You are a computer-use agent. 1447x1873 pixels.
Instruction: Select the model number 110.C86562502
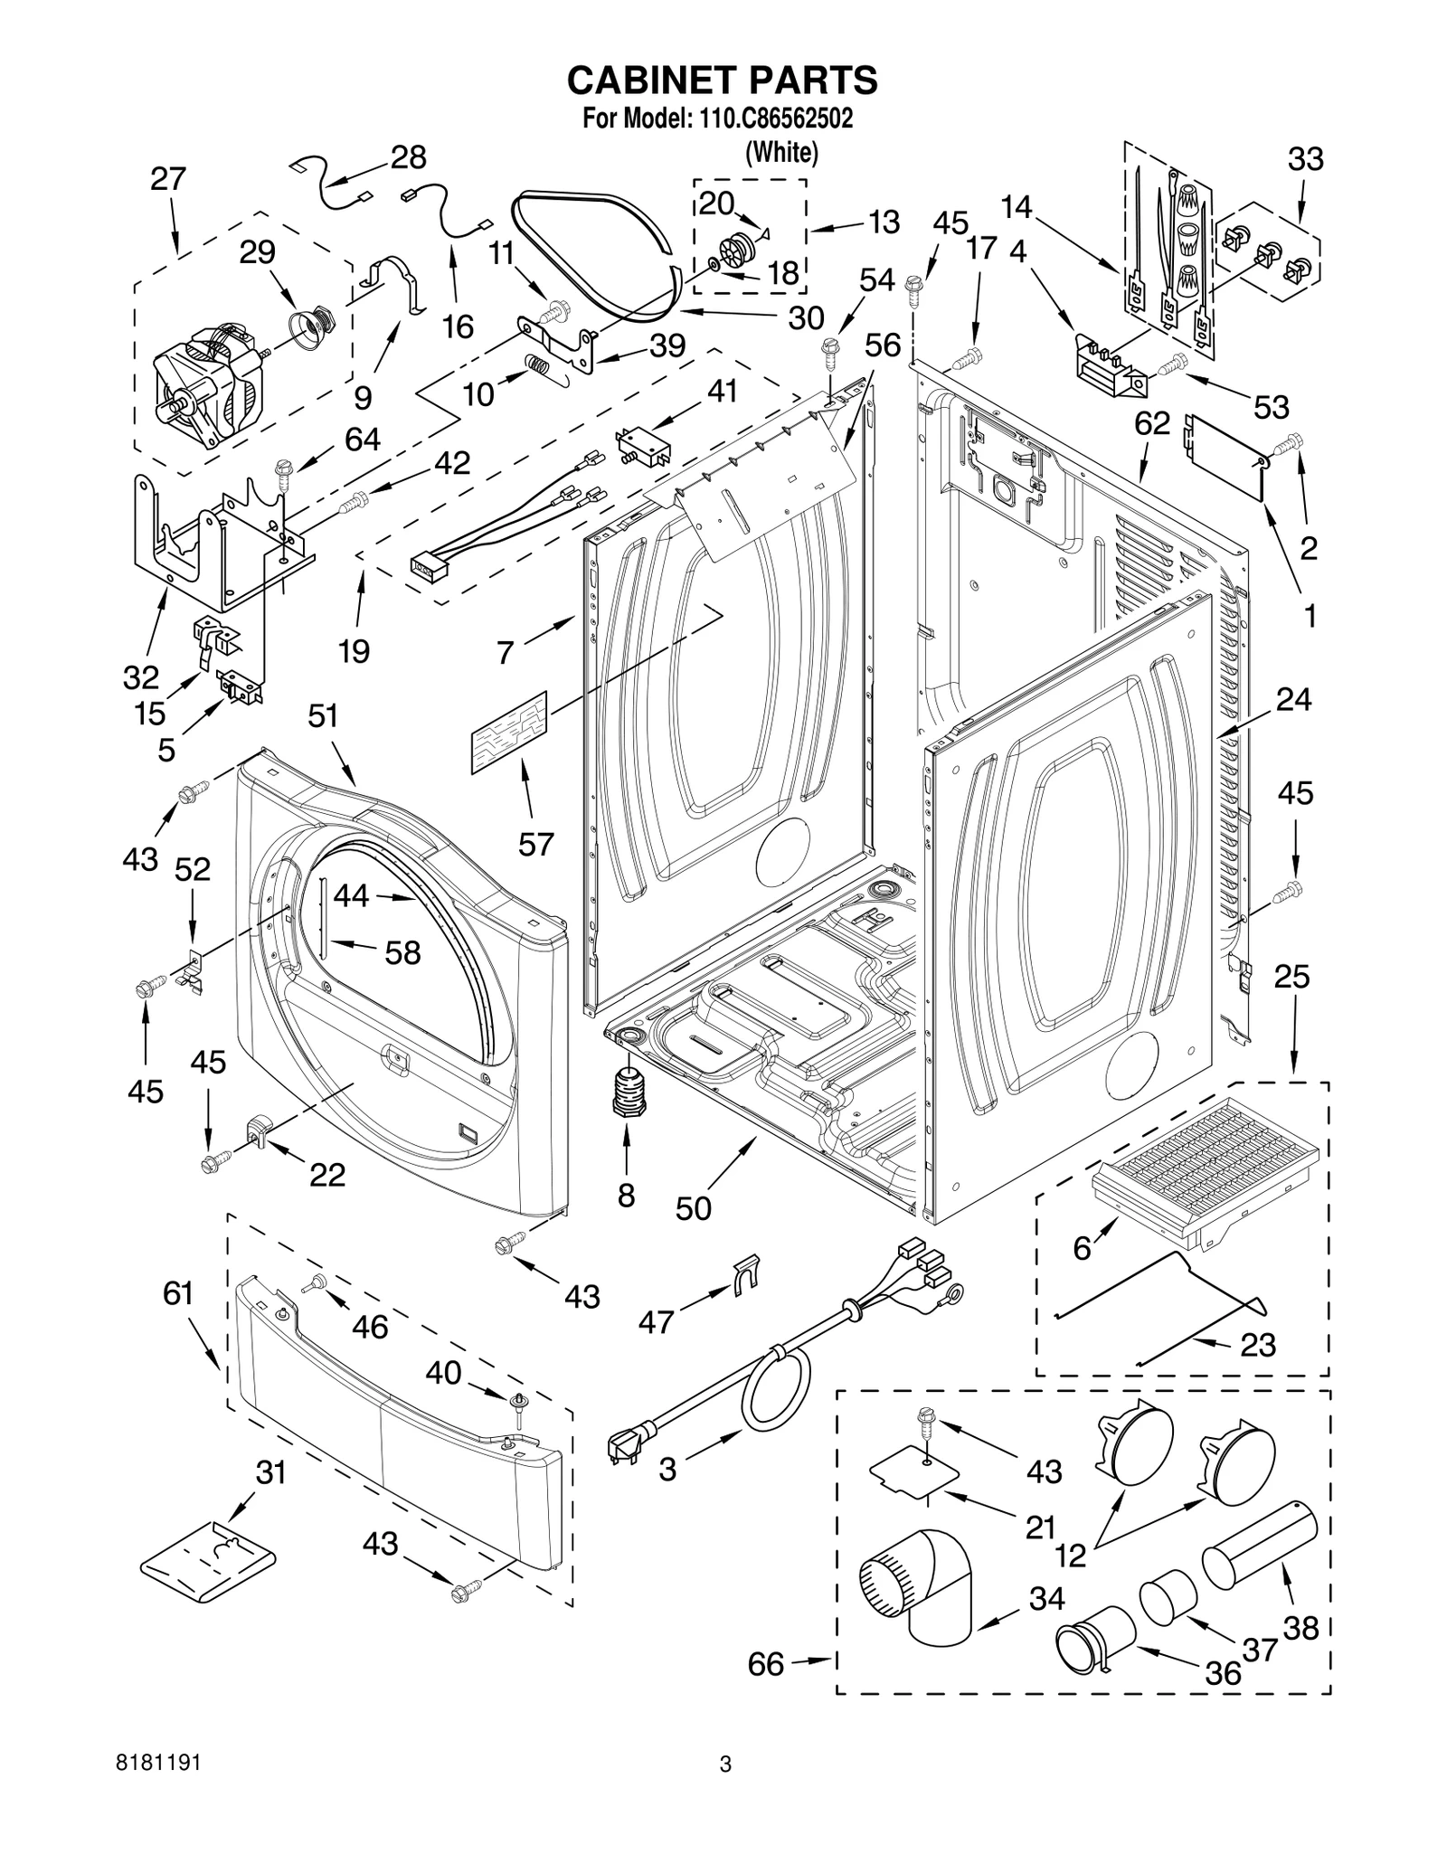776,118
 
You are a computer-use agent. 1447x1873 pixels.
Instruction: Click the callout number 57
535,844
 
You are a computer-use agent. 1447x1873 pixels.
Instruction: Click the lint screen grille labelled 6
1203,1158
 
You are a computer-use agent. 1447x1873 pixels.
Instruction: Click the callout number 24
1293,699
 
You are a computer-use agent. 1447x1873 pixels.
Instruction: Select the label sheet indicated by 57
509,732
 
